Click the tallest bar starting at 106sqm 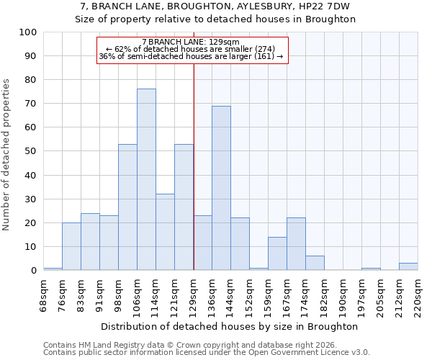tap(146, 179)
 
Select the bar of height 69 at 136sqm tap(221, 188)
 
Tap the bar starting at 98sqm tap(127, 207)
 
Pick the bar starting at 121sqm tap(184, 207)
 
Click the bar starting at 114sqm tap(165, 232)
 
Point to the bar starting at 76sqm tap(71, 246)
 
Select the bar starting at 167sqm tap(296, 244)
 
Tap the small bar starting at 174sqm tap(315, 263)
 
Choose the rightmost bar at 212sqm tap(408, 266)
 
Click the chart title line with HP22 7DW tap(216, 6)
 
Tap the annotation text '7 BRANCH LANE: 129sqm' tap(191, 42)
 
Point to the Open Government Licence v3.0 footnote tap(207, 352)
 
